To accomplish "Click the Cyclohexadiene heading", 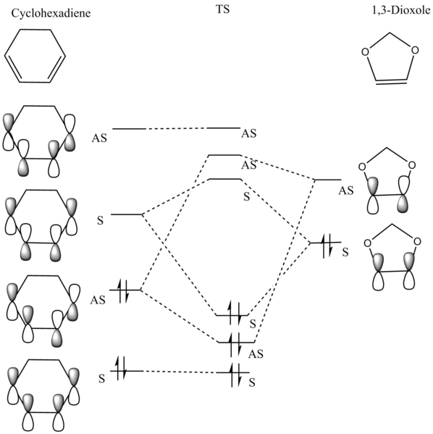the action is (51, 13).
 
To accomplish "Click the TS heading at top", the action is (223, 9).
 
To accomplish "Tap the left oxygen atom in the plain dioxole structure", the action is (365, 51).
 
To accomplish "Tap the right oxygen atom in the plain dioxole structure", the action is (415, 50).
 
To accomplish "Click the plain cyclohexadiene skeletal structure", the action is (35, 56).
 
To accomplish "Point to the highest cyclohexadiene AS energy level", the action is (129, 129).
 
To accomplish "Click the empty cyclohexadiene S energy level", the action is (127, 214).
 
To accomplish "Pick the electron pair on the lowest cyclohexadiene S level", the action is (122, 368).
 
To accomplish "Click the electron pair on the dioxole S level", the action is (327, 246).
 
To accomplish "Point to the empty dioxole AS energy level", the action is (329, 180).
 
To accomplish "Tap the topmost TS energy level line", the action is (224, 128).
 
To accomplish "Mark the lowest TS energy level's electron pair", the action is (235, 375).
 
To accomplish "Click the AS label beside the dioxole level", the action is (346, 191).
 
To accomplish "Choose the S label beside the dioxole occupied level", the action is (345, 252).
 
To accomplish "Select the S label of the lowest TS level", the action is (252, 383).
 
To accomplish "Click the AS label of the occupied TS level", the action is (256, 354).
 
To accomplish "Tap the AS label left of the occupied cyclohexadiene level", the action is (98, 300).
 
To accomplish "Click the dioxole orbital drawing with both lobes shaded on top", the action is (393, 257).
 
